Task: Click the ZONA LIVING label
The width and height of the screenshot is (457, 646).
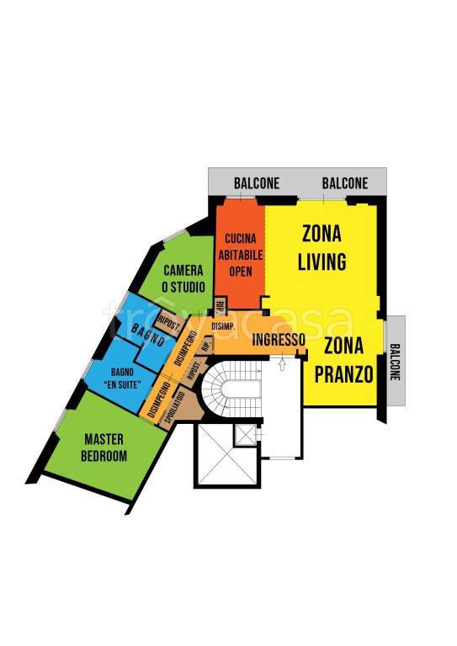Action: click(321, 247)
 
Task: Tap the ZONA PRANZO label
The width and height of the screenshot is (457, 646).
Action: click(343, 360)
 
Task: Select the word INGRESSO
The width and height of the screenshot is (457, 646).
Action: click(279, 340)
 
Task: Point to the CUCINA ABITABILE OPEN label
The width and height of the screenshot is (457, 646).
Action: click(241, 255)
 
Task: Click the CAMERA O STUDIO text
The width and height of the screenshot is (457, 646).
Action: click(183, 279)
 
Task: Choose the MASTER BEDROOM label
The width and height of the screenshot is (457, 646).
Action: click(104, 447)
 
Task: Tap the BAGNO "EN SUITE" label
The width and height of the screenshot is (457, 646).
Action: click(122, 379)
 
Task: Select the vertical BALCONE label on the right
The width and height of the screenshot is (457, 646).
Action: click(396, 362)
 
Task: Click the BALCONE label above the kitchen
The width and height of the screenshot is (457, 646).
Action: click(257, 183)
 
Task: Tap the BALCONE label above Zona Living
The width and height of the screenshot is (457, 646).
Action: click(345, 183)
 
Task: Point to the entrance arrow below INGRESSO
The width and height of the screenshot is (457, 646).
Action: click(282, 364)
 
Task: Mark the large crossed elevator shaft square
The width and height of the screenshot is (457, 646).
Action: click(227, 454)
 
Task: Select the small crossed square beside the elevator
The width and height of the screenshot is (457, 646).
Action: click(246, 435)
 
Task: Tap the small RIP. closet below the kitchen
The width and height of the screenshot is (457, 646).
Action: click(220, 305)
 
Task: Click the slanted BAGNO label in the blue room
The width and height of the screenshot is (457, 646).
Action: click(148, 335)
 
